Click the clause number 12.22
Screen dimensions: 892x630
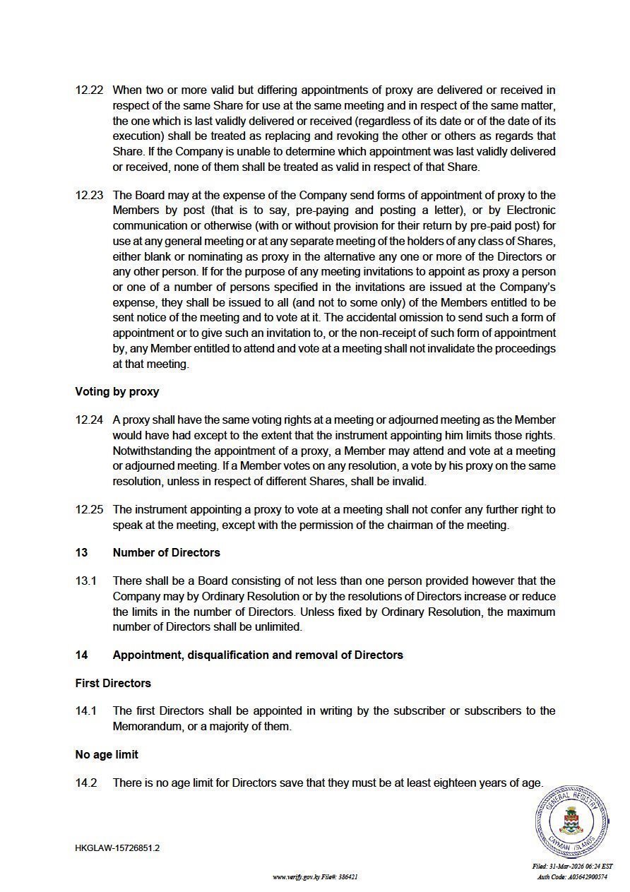pyautogui.click(x=89, y=90)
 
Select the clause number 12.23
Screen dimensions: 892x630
pyautogui.click(x=89, y=195)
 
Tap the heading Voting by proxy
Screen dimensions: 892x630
pyautogui.click(x=117, y=391)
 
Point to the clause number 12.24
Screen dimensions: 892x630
pyautogui.click(x=89, y=420)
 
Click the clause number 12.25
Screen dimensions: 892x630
pyautogui.click(x=89, y=509)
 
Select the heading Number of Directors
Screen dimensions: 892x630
pyautogui.click(x=167, y=552)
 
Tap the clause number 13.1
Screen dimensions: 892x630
pyautogui.click(x=85, y=581)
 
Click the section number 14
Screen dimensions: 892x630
pyautogui.click(x=82, y=655)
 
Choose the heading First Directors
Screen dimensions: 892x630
pyautogui.click(x=113, y=683)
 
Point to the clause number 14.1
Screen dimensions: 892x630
pyautogui.click(x=85, y=710)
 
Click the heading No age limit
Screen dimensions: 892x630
pyautogui.click(x=107, y=754)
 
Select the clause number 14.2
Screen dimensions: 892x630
pyautogui.click(x=86, y=783)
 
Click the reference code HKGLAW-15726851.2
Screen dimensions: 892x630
pyautogui.click(x=117, y=848)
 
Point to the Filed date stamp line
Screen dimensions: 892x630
pyautogui.click(x=572, y=867)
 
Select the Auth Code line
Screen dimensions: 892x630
pyautogui.click(x=572, y=877)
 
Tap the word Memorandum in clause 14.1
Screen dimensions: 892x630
pyautogui.click(x=146, y=726)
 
